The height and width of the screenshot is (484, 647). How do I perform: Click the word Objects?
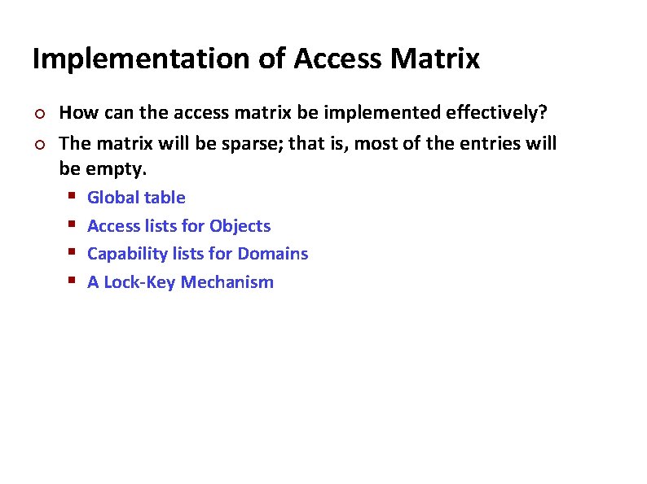240,226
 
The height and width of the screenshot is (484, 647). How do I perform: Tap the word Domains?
273,254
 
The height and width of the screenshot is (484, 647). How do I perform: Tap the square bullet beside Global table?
72,198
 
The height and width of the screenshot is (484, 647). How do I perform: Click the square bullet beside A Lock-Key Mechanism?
72,282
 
